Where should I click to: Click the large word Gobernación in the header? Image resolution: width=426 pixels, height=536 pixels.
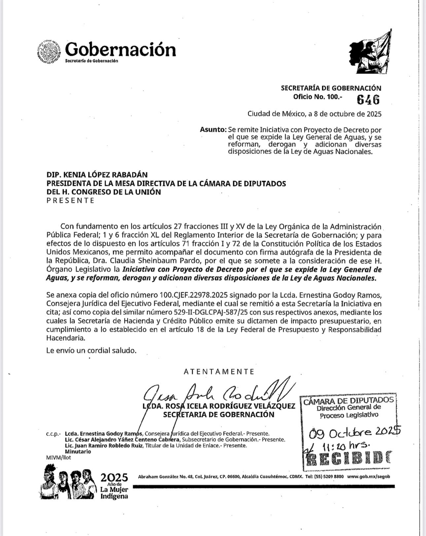pyautogui.click(x=121, y=49)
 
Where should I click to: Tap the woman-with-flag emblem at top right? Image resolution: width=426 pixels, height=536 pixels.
pyautogui.click(x=371, y=53)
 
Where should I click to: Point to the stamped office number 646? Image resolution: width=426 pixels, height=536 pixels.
pyautogui.click(x=368, y=99)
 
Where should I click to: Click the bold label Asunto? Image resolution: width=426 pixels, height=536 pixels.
pyautogui.click(x=213, y=130)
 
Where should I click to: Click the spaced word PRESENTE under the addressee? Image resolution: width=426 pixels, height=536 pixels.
pyautogui.click(x=70, y=201)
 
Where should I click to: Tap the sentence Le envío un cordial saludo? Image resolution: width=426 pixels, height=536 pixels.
pyautogui.click(x=91, y=350)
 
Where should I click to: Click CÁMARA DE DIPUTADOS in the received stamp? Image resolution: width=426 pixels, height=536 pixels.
pyautogui.click(x=348, y=401)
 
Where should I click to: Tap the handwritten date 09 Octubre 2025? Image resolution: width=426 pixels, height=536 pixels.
pyautogui.click(x=355, y=432)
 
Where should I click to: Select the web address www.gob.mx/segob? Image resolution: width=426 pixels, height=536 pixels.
pyautogui.click(x=369, y=476)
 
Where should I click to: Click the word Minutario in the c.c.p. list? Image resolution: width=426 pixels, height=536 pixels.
pyautogui.click(x=78, y=451)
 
